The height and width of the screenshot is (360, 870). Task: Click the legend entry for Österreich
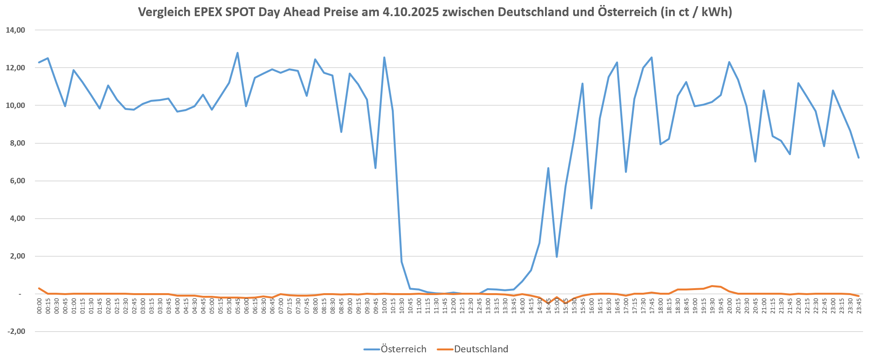click(403, 349)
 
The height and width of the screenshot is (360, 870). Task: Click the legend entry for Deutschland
click(481, 349)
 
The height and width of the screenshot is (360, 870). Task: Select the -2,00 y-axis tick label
click(16, 332)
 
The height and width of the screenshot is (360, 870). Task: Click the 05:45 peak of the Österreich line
click(237, 53)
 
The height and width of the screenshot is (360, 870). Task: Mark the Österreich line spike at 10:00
click(384, 58)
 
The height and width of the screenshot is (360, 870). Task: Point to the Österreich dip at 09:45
click(375, 168)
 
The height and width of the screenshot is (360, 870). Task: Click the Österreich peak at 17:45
click(651, 58)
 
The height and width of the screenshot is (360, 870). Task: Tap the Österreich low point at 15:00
click(557, 257)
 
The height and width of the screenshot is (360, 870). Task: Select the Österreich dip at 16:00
click(591, 208)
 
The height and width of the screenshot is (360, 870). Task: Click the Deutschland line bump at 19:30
click(712, 286)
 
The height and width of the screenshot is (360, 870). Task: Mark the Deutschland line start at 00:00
click(39, 288)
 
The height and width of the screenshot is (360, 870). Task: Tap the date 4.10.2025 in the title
click(411, 12)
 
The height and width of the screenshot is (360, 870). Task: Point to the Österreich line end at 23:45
click(858, 158)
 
